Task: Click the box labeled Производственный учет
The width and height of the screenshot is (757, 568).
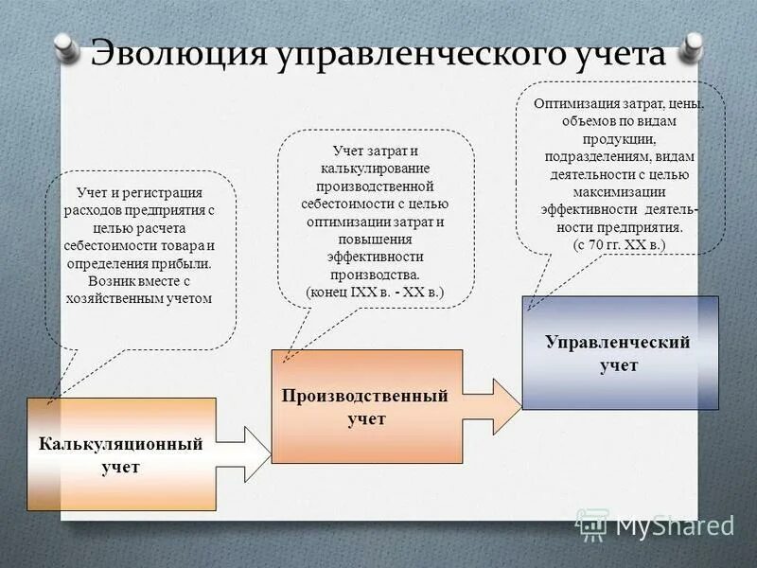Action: click(x=366, y=406)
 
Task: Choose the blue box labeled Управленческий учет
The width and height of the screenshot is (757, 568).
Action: click(x=620, y=352)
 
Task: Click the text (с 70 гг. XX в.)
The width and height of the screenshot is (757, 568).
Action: click(x=620, y=244)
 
